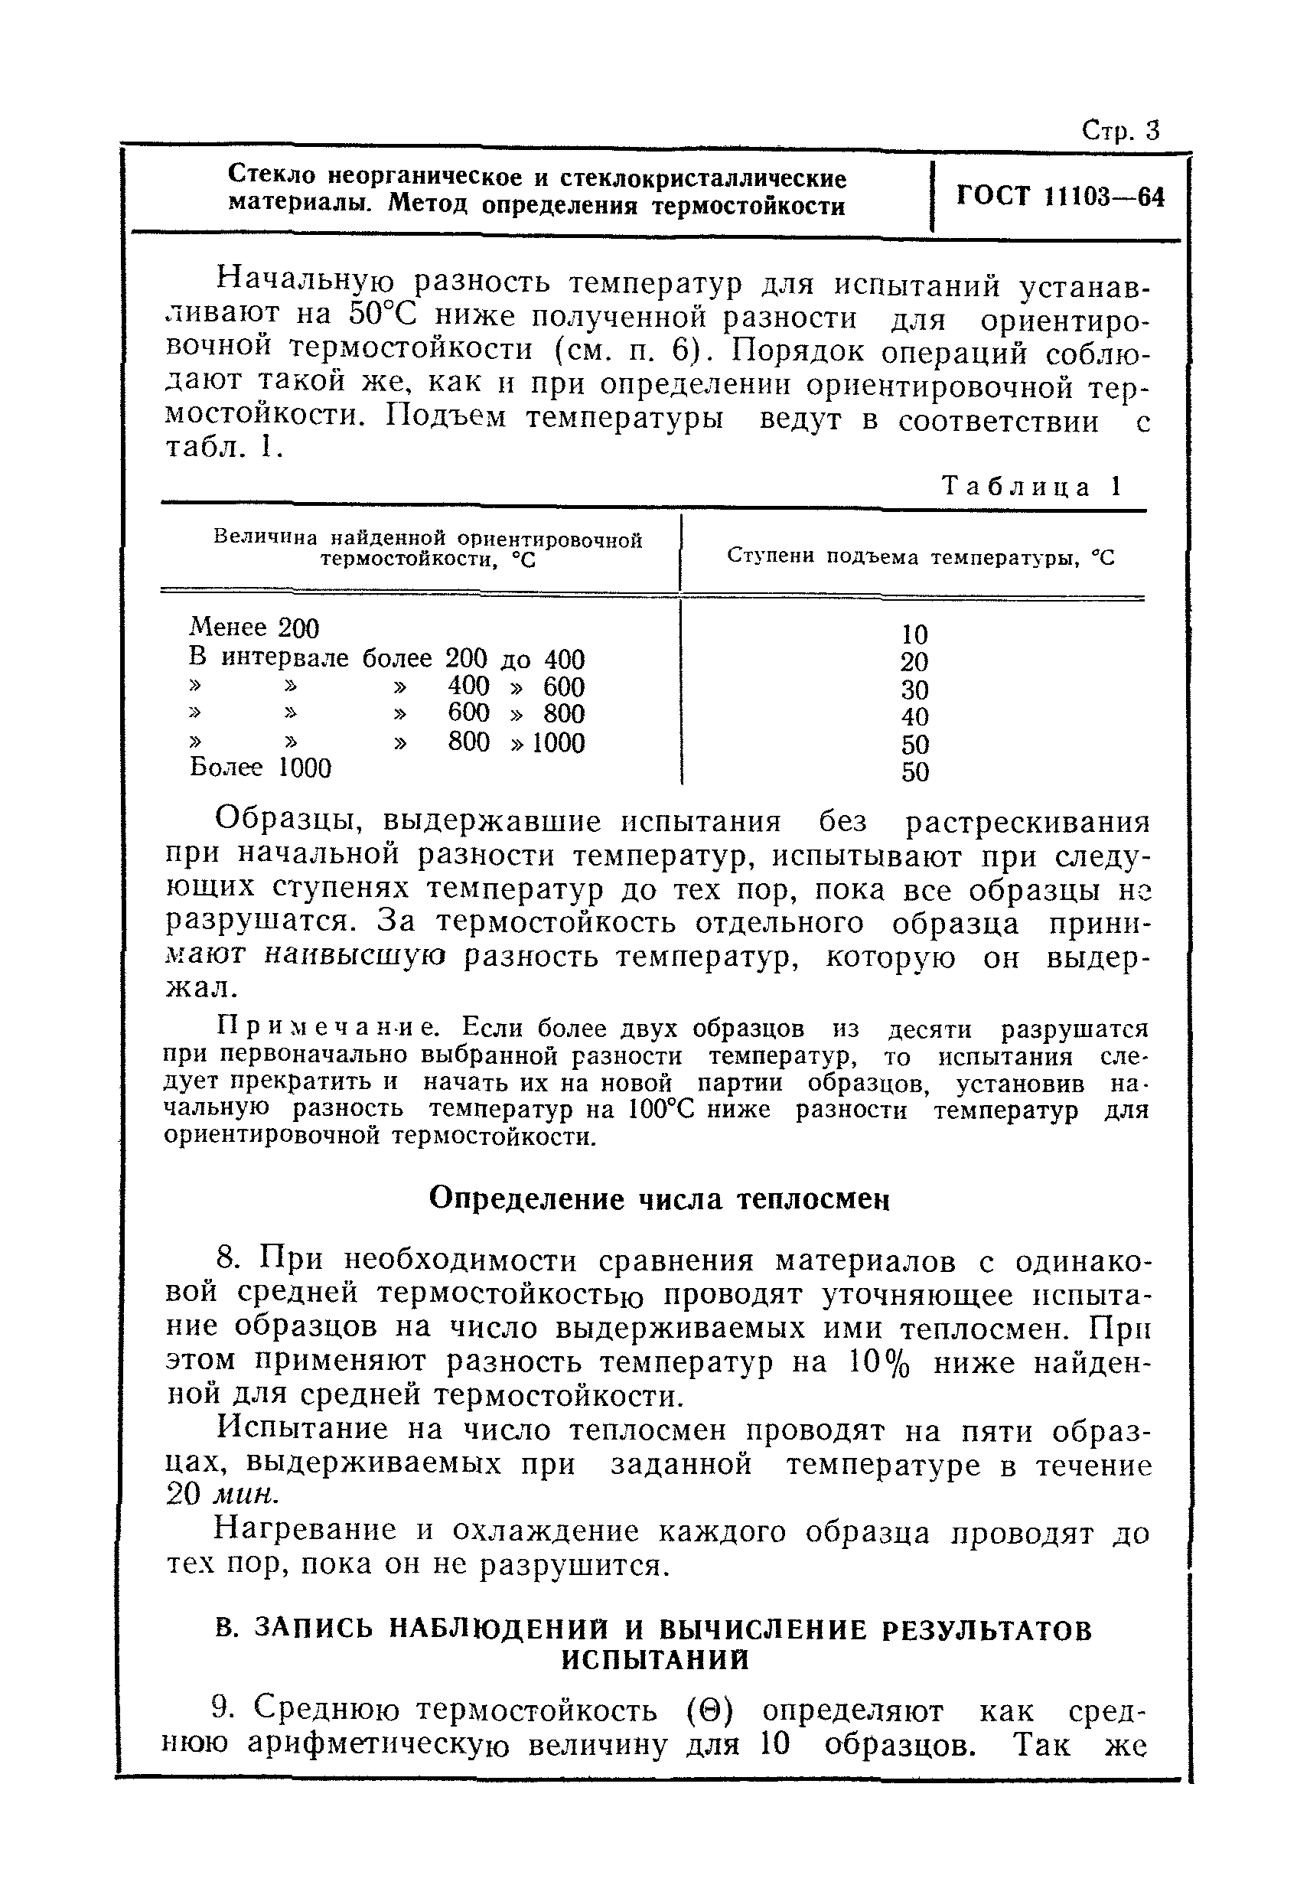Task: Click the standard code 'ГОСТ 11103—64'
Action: coord(1061,197)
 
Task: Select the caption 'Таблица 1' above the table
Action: coord(1031,487)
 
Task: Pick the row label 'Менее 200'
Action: coord(253,628)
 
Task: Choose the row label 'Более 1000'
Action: coord(260,768)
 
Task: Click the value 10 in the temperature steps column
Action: coord(914,634)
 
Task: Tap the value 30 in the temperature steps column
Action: coord(914,690)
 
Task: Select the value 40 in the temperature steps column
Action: coord(914,716)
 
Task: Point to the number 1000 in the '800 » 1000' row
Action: coord(558,743)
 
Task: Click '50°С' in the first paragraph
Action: coord(384,315)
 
